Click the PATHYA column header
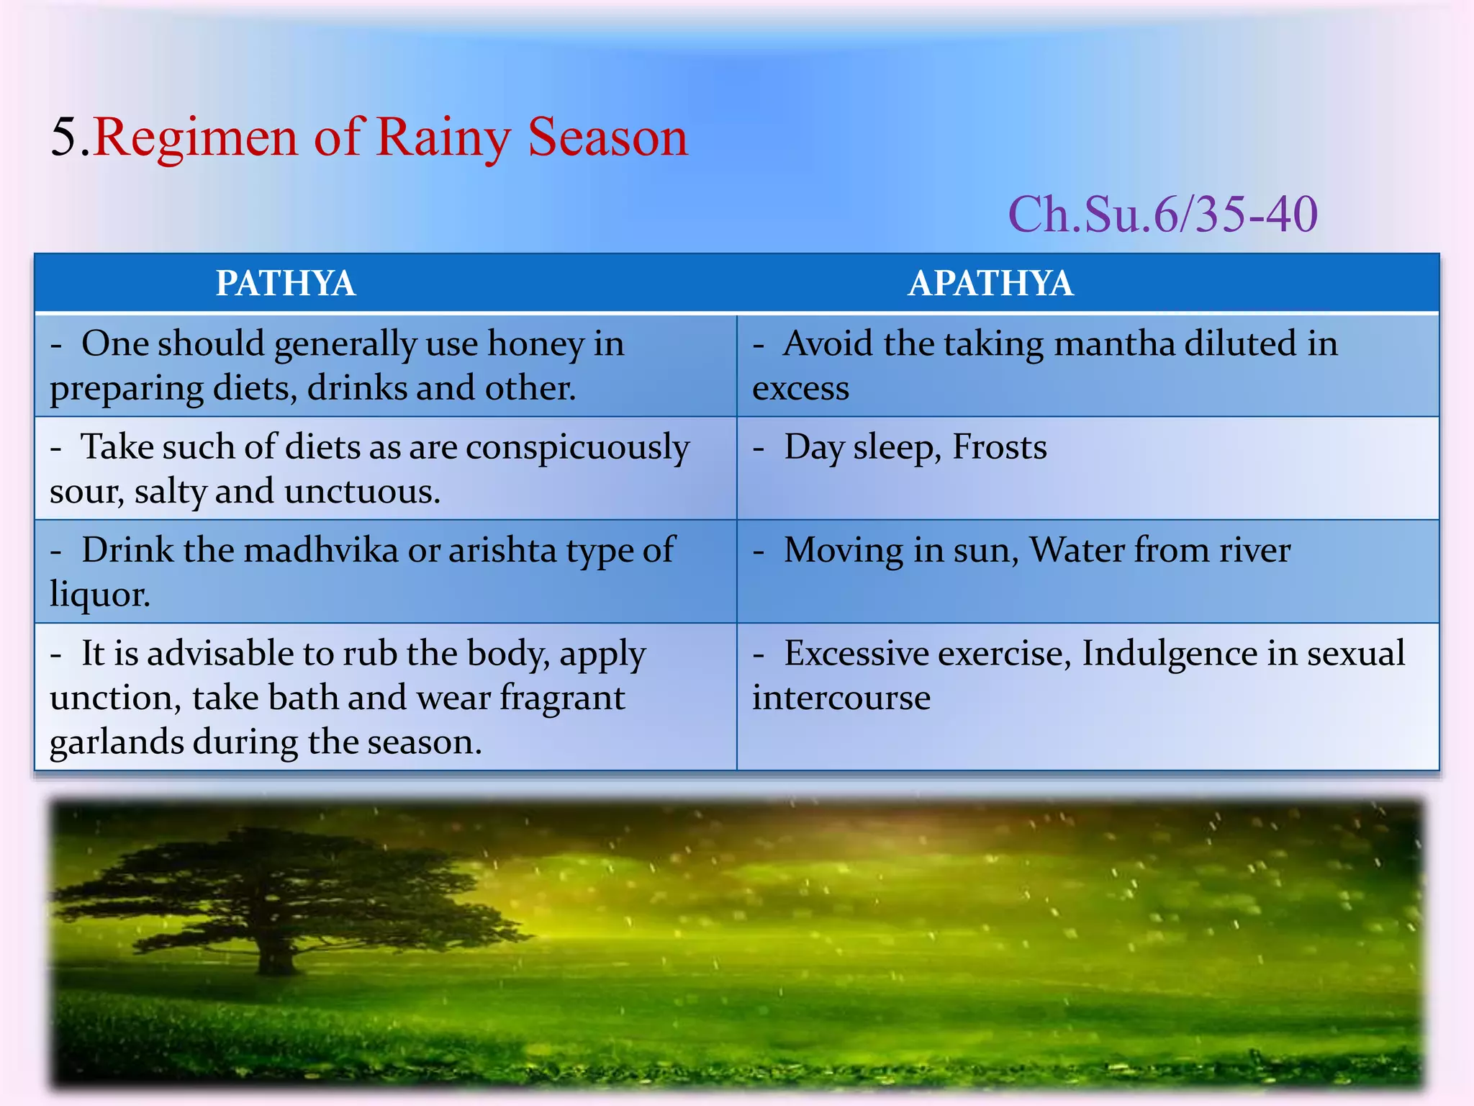[286, 283]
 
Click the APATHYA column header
[990, 283]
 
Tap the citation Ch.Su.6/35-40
[1162, 215]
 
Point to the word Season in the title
[607, 137]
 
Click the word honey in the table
[535, 344]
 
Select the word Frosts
[1000, 447]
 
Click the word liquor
[100, 595]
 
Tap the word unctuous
[361, 492]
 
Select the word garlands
[116, 742]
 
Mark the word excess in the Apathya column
[800, 389]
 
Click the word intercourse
[841, 698]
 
